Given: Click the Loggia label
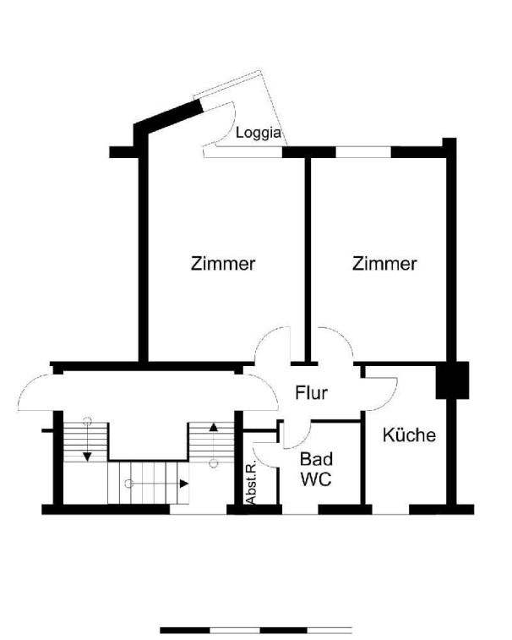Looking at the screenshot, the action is pos(259,133).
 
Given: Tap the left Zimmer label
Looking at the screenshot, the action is pos(223,263).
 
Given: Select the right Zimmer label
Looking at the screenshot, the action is pos(384,263).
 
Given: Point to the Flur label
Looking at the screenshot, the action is pos(311,392).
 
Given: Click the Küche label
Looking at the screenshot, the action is pos(409,435).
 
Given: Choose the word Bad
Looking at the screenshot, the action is pos(316,459).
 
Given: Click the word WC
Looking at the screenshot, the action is pos(316,479).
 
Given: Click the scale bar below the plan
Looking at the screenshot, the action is pos(256,630).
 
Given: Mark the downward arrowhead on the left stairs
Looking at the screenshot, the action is pos(87,457).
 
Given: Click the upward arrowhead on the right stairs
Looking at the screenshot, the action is pos(214,427).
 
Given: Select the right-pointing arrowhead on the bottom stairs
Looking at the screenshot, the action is pos(184,484).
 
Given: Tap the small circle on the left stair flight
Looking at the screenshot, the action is pos(87,421).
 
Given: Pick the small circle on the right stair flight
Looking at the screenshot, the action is pos(214,462).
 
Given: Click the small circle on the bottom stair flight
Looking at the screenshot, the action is pos(129,484).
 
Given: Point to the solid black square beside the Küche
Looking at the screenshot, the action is pos(453,380).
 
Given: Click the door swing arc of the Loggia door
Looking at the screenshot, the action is pos(231,124).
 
